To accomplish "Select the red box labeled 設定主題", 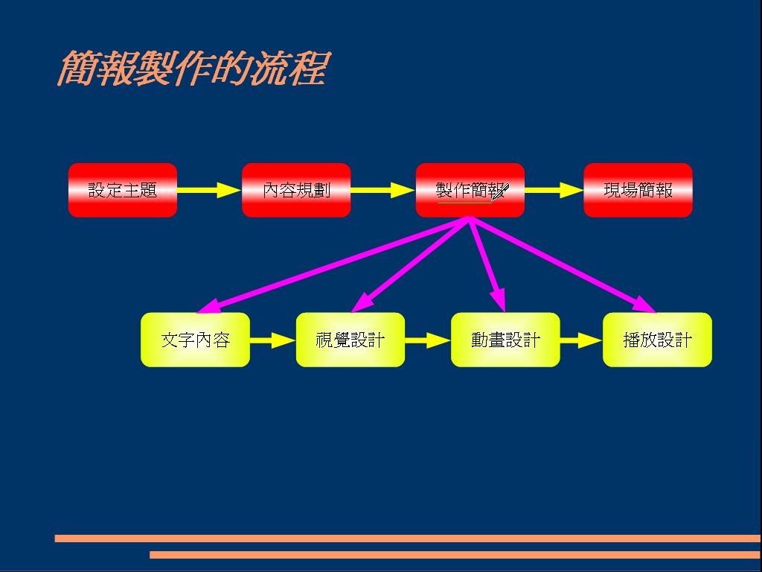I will tap(123, 191).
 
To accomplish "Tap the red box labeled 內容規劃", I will tap(296, 191).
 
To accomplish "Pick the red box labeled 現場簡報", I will tap(638, 191).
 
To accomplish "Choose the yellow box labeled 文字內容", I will tap(195, 340).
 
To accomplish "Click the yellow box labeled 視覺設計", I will tap(350, 340).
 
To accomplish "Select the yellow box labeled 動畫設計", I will tap(505, 340).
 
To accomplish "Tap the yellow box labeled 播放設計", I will tap(657, 340).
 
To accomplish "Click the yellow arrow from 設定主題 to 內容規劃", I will tap(209, 191).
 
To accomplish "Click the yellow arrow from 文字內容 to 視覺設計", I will tap(272, 340).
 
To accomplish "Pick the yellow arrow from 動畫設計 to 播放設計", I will tap(580, 340).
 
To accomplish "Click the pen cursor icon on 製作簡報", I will tap(500, 192).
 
